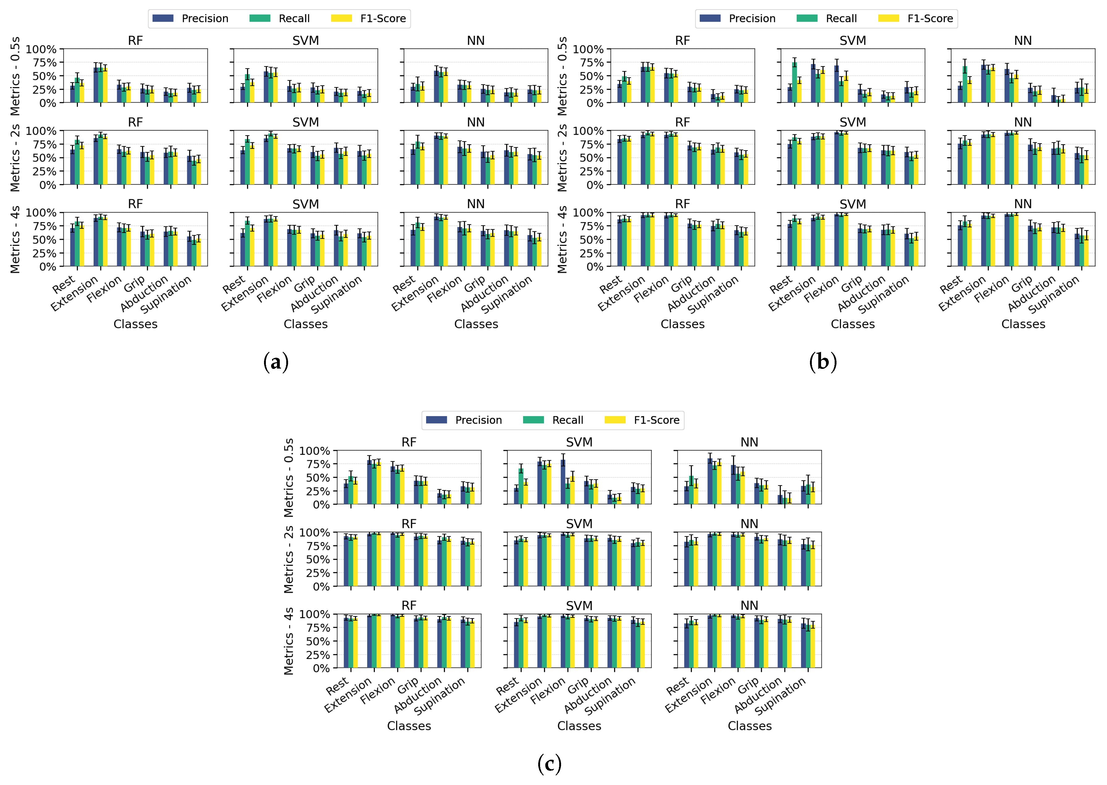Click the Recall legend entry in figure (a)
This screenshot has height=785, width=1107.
pyautogui.click(x=294, y=18)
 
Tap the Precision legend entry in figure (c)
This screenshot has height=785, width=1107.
pyautogui.click(x=478, y=420)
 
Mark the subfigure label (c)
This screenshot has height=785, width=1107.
pyautogui.click(x=549, y=764)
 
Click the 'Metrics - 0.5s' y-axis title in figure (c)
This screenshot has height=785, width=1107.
pyautogui.click(x=288, y=478)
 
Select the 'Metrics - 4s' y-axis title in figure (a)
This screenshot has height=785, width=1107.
pyautogui.click(x=15, y=239)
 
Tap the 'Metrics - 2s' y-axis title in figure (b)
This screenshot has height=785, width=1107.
pyautogui.click(x=562, y=158)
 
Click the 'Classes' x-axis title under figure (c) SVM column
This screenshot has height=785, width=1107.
pyautogui.click(x=579, y=726)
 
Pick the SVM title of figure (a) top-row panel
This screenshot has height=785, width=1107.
pyautogui.click(x=305, y=40)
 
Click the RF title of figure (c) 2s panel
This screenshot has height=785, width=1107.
pyautogui.click(x=409, y=524)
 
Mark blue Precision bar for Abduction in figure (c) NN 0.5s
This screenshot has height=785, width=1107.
pyautogui.click(x=780, y=500)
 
